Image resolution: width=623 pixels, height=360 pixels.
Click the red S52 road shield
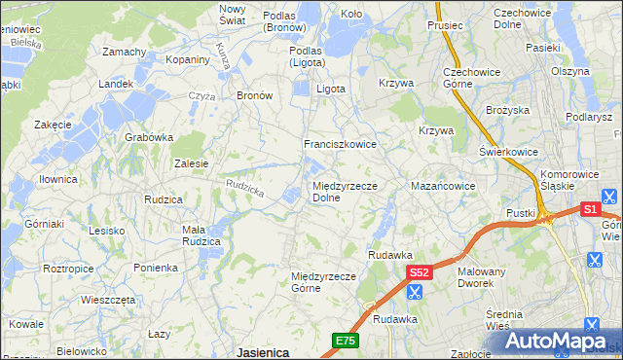pyautogui.click(x=419, y=273)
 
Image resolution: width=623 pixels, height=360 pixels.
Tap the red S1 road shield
pyautogui.click(x=590, y=209)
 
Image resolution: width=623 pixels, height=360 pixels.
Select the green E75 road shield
pyautogui.click(x=346, y=341)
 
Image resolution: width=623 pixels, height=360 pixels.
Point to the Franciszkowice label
pyautogui.click(x=340, y=143)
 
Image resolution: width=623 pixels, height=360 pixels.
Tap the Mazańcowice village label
pyautogui.click(x=442, y=185)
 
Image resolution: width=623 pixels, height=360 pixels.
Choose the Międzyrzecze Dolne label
pyautogui.click(x=345, y=191)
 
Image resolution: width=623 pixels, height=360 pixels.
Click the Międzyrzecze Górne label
pyautogui.click(x=325, y=282)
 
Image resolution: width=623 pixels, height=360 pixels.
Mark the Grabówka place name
pyautogui.click(x=148, y=137)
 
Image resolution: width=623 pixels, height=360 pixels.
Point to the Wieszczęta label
pyautogui.click(x=108, y=300)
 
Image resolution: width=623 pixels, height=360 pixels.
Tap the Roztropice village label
pyautogui.click(x=68, y=268)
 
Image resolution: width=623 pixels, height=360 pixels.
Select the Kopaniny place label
pyautogui.click(x=188, y=59)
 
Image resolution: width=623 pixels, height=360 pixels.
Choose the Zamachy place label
pyautogui.click(x=124, y=51)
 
